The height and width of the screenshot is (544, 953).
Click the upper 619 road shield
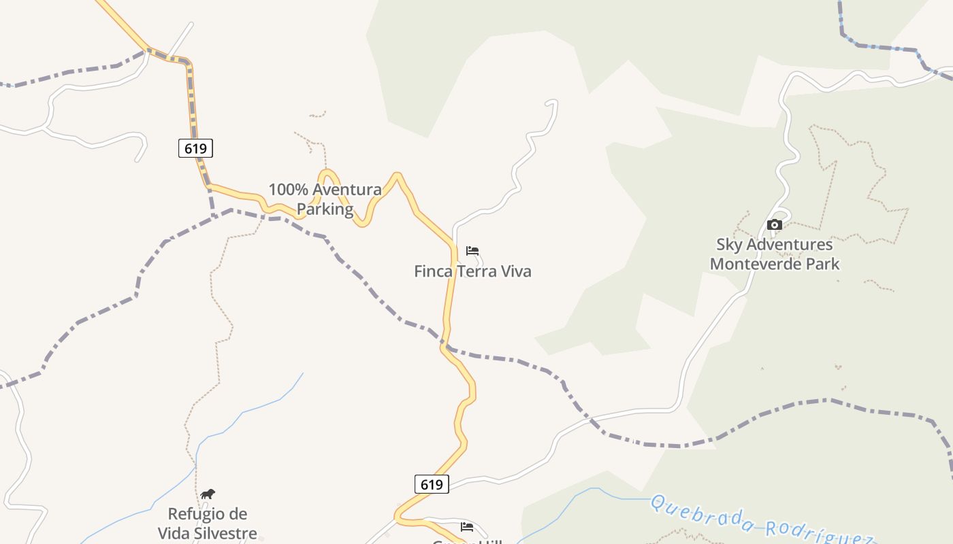coord(195,148)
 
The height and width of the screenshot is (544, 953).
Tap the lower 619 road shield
coord(432,484)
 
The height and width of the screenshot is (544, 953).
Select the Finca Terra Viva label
coord(472,271)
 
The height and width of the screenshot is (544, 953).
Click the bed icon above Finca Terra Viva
coord(472,251)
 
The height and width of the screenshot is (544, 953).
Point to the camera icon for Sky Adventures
coord(775,225)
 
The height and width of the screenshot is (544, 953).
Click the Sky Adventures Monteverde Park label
coord(775,254)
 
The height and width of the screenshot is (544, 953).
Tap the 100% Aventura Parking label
coord(325,199)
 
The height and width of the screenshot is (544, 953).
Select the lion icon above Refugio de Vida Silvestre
coord(208,494)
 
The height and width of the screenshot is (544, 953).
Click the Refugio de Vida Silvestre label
coord(208,524)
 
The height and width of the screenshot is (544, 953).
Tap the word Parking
coord(325,209)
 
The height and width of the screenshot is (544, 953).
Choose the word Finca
coord(433,271)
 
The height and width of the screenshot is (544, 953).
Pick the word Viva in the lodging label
coord(516,271)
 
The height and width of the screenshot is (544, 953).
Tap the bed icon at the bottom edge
coord(467,527)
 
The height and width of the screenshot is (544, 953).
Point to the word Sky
coord(729,244)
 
